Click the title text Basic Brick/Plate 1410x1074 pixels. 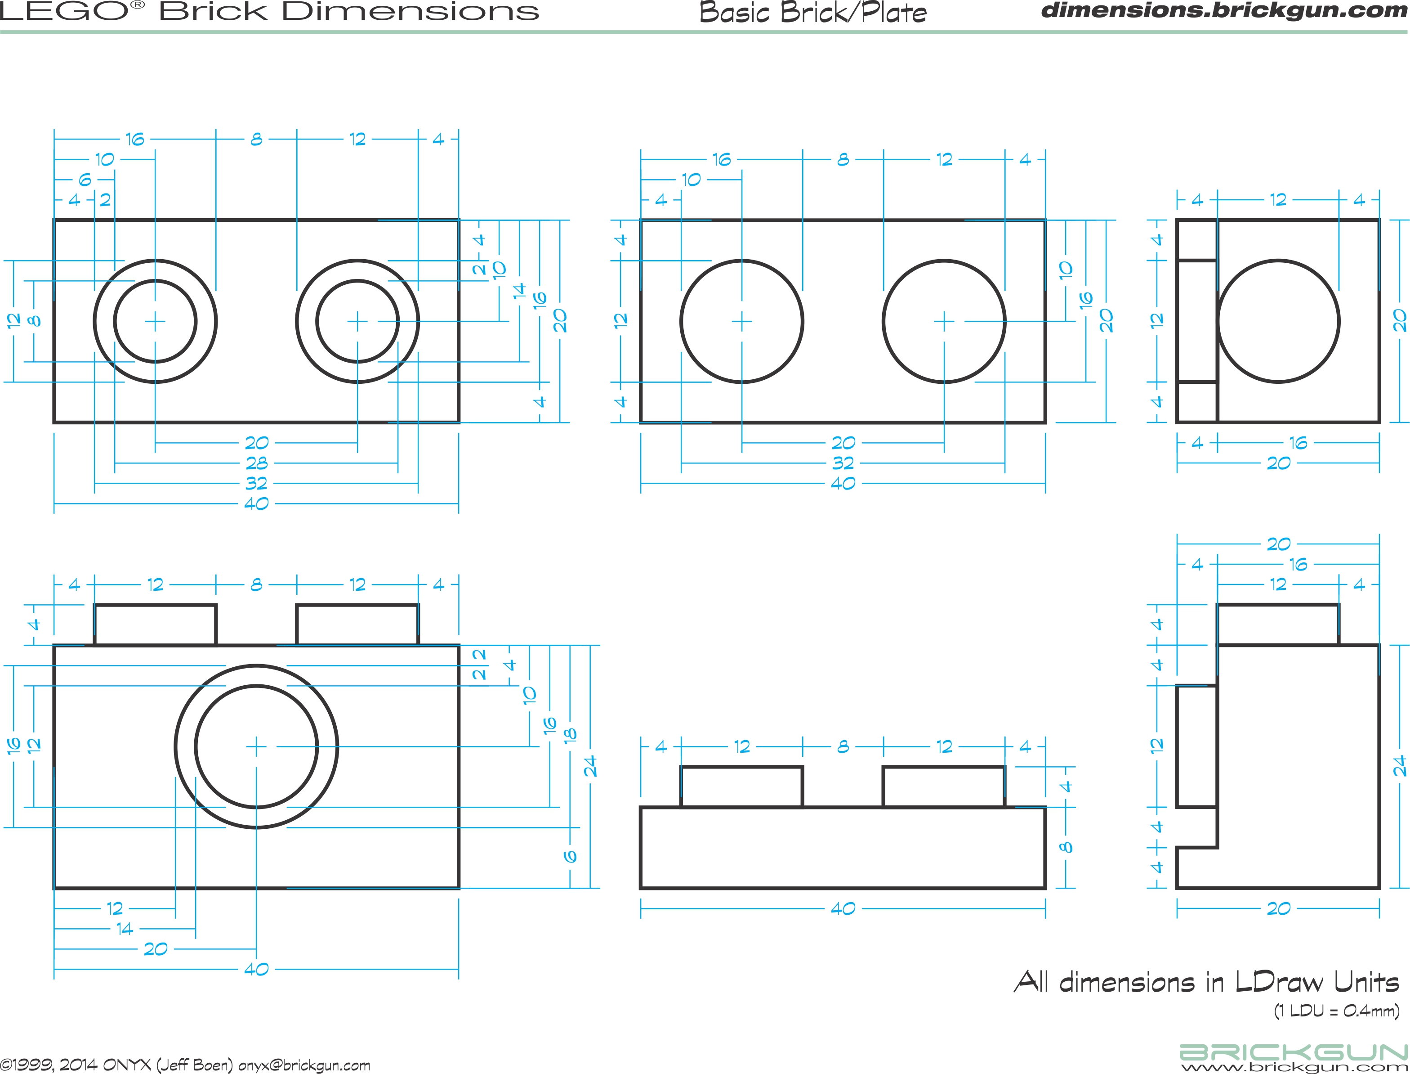click(812, 13)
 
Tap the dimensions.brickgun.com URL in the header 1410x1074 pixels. click(1223, 10)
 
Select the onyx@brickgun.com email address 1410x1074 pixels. click(304, 1065)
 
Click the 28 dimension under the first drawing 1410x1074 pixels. click(256, 463)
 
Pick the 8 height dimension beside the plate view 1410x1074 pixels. click(1065, 848)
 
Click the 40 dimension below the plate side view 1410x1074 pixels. click(843, 909)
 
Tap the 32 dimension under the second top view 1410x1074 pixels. click(843, 463)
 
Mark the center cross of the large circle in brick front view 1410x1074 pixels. click(256, 746)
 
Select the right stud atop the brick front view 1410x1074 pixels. click(357, 625)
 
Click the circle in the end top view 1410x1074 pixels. click(1278, 321)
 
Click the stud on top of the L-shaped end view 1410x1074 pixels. click(1278, 625)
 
